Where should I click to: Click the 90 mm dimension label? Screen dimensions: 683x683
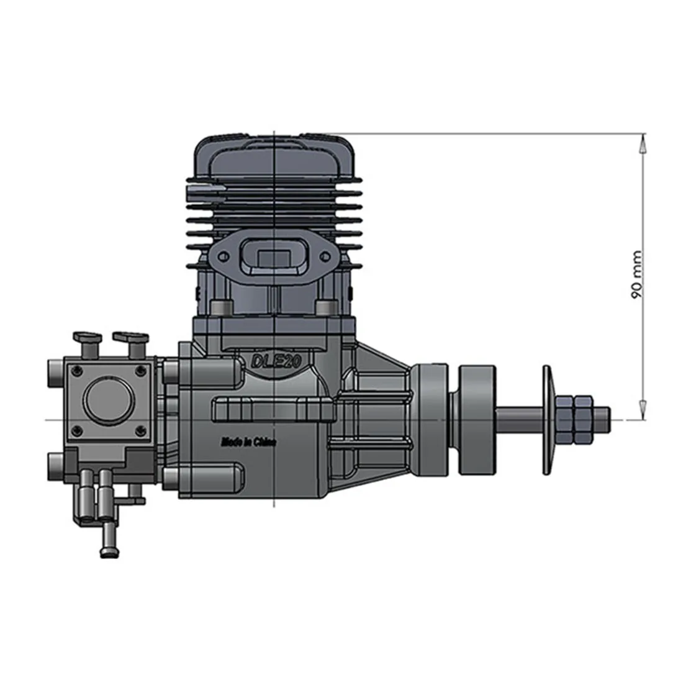(636, 274)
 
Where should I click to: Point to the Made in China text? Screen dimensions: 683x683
(249, 442)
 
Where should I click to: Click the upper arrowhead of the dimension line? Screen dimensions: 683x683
(641, 143)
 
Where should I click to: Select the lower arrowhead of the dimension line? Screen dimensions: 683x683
(641, 410)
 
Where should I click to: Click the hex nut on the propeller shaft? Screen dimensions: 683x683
(574, 420)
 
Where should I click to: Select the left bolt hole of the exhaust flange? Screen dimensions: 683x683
(224, 256)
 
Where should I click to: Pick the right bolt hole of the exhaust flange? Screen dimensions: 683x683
(323, 256)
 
